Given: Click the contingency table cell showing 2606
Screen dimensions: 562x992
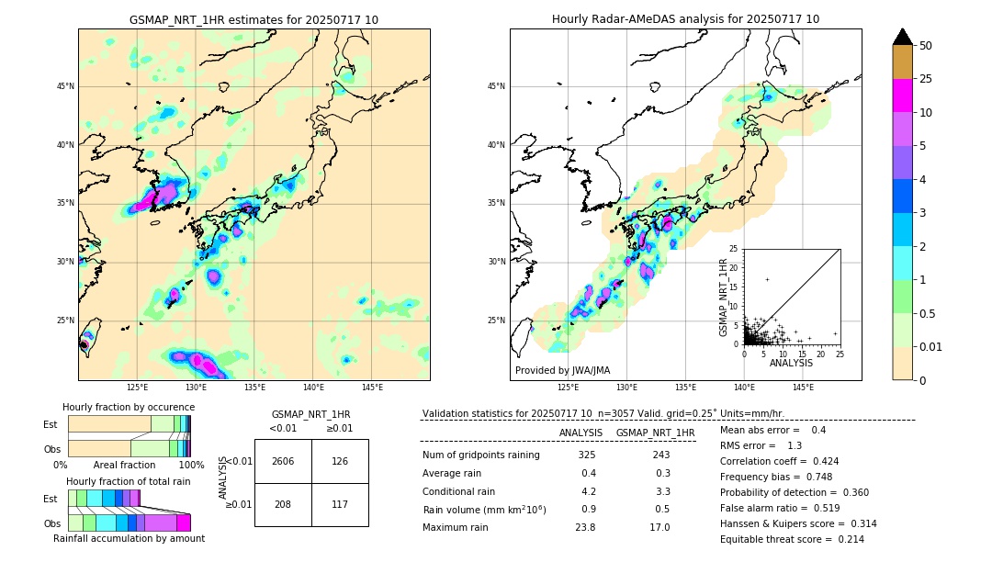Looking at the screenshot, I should click(283, 461).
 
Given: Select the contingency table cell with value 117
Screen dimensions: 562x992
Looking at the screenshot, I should click(340, 504).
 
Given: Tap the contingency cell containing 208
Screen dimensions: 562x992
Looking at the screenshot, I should click(283, 504).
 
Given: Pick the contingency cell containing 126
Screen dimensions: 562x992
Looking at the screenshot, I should click(340, 461).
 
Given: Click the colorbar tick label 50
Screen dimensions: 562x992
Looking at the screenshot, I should click(926, 46).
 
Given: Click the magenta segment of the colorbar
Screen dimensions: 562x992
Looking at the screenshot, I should click(903, 96).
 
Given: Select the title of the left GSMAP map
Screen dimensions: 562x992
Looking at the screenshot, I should click(254, 19).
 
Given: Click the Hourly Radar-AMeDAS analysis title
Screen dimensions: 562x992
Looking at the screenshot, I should click(685, 19).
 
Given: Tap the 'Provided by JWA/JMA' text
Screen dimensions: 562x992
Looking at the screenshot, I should click(562, 370).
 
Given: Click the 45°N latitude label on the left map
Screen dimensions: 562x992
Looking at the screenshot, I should click(65, 86).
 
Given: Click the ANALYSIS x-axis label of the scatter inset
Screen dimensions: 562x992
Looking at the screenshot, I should click(791, 363).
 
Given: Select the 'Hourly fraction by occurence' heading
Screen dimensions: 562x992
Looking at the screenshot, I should click(129, 407).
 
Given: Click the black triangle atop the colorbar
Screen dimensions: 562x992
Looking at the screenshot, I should click(903, 37).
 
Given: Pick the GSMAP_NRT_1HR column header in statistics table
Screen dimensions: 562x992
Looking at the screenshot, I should click(655, 433).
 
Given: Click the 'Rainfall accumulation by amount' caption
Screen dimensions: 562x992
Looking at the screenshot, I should click(136, 538).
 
